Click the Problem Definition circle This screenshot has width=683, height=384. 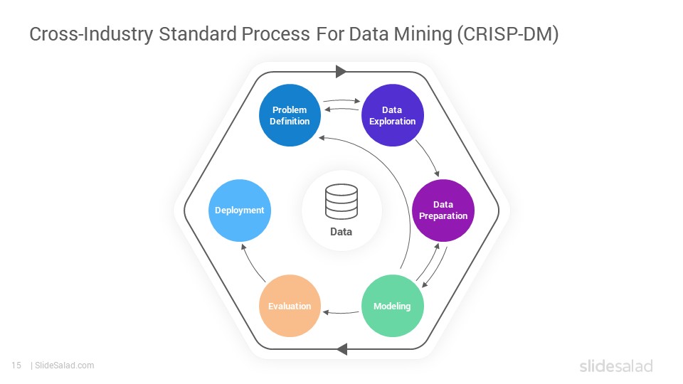pyautogui.click(x=290, y=115)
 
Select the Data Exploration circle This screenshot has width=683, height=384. pyautogui.click(x=393, y=115)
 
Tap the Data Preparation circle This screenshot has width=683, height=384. pyautogui.click(x=443, y=210)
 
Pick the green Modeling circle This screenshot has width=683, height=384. pyautogui.click(x=393, y=306)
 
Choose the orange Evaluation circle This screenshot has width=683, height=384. pyautogui.click(x=290, y=306)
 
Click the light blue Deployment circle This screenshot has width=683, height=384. pyautogui.click(x=240, y=210)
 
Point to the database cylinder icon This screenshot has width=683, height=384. pyautogui.click(x=341, y=201)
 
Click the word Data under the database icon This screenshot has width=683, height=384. pyautogui.click(x=341, y=232)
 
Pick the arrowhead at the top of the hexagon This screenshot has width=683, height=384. pyautogui.click(x=341, y=72)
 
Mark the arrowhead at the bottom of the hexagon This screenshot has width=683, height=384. pyautogui.click(x=342, y=348)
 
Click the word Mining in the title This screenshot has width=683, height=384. pyautogui.click(x=423, y=34)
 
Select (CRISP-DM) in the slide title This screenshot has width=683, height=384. pyautogui.click(x=508, y=34)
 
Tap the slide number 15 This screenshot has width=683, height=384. pyautogui.click(x=16, y=366)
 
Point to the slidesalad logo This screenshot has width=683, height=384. pyautogui.click(x=616, y=366)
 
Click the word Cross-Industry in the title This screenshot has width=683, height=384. pyautogui.click(x=91, y=34)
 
